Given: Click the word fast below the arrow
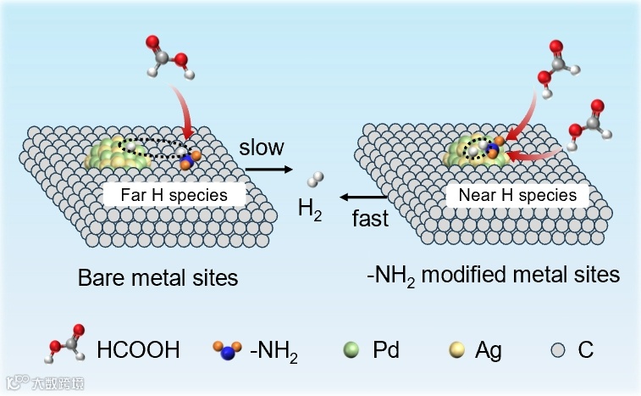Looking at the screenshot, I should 369,219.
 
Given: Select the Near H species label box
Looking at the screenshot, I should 517,195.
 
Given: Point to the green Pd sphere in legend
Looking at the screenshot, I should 355,349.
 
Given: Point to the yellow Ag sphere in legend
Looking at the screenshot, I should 461,349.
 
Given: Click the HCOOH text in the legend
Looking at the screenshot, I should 138,349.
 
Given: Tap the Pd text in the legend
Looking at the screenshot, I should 385,349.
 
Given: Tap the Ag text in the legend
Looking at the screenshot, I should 489,349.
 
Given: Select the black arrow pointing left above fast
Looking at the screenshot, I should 361,198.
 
